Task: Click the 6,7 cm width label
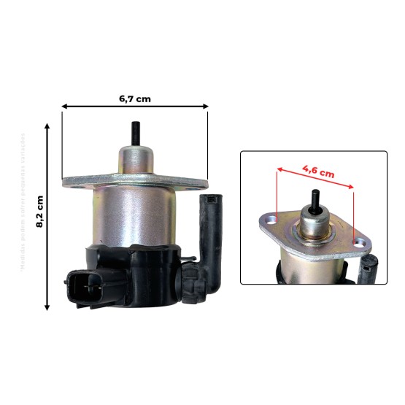pyautogui.click(x=135, y=96)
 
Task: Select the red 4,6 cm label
pyautogui.click(x=318, y=172)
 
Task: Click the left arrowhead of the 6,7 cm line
pyautogui.click(x=64, y=107)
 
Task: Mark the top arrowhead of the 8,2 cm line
pyautogui.click(x=48, y=126)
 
